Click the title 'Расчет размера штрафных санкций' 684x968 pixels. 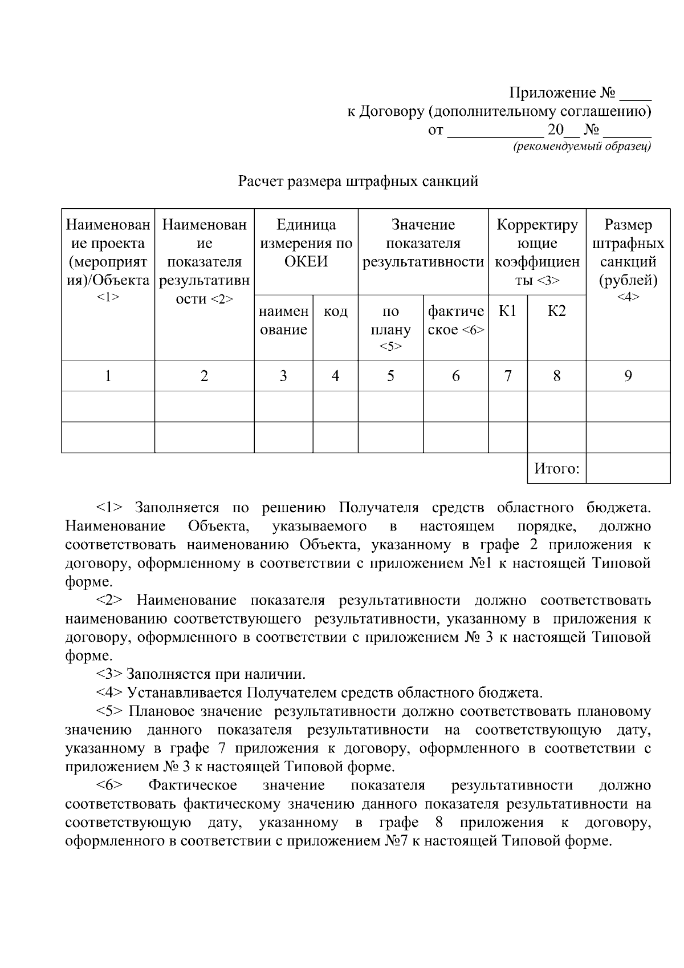coord(357,182)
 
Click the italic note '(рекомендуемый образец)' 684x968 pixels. coord(581,147)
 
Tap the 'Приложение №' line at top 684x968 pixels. coord(579,92)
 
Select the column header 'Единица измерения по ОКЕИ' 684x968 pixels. coord(306,244)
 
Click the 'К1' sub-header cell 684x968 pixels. coord(507,311)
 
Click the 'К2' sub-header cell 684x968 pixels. coord(556,311)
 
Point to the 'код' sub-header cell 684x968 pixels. coord(335,311)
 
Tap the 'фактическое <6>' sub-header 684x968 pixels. coord(455,321)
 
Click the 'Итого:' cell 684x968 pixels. coord(556,469)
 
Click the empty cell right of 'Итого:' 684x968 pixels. coord(628,469)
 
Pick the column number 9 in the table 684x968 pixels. coord(628,376)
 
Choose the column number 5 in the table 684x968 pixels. coord(390,376)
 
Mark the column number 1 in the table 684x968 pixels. coord(108,376)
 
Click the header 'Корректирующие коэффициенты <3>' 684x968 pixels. coord(537,253)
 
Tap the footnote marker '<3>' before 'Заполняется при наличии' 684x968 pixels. coord(109,674)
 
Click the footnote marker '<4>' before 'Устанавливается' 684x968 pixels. coord(109,693)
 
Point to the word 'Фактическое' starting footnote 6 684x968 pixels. coord(193,786)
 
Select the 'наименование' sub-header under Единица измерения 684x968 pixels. coord(283,321)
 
